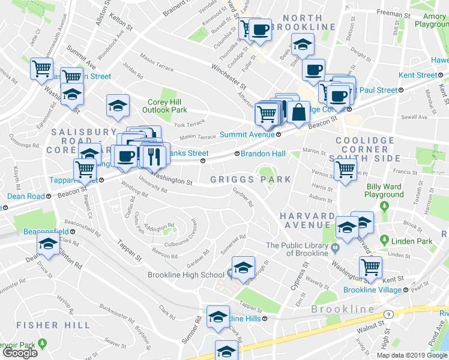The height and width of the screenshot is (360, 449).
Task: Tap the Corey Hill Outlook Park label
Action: pos(164,106)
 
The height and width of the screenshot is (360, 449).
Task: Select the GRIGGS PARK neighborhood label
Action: pos(250,179)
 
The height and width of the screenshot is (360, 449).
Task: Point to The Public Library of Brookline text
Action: pos(298,249)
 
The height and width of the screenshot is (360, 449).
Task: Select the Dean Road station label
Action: pos(26,196)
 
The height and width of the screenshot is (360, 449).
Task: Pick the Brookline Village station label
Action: pos(372,290)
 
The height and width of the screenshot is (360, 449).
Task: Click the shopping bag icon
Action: pos(298,111)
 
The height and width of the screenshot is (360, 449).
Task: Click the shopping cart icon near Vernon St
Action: pos(345,170)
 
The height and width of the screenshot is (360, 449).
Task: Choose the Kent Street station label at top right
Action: pos(418,75)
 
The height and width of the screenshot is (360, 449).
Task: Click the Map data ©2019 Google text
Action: pos(412,355)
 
